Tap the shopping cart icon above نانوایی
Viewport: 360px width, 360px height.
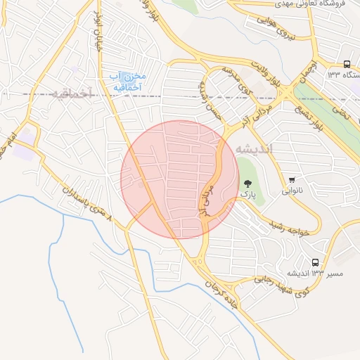(292, 180)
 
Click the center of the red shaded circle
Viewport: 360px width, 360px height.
(180, 180)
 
